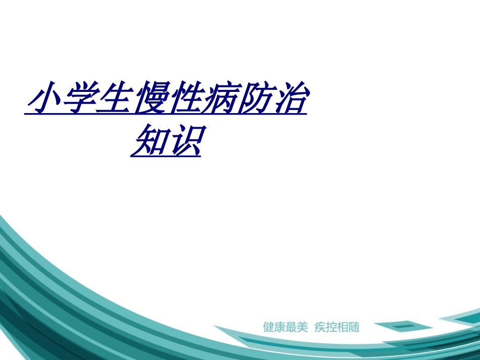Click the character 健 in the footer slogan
click(x=268, y=327)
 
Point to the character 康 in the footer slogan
click(x=280, y=327)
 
